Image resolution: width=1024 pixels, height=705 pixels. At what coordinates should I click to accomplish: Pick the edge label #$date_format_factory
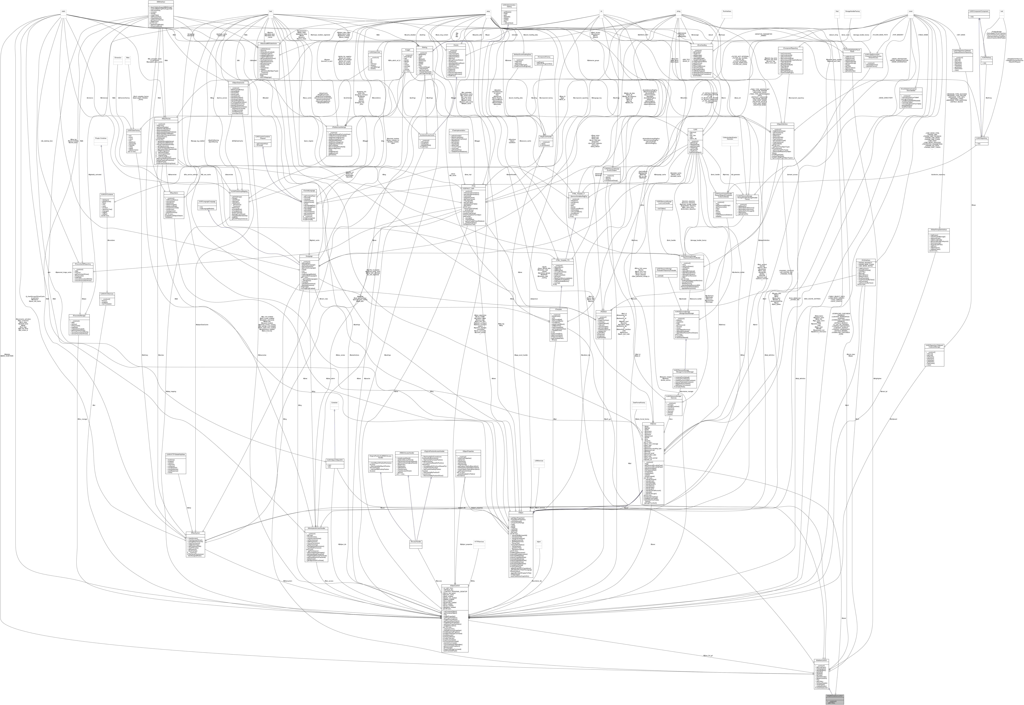[x=642, y=419]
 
